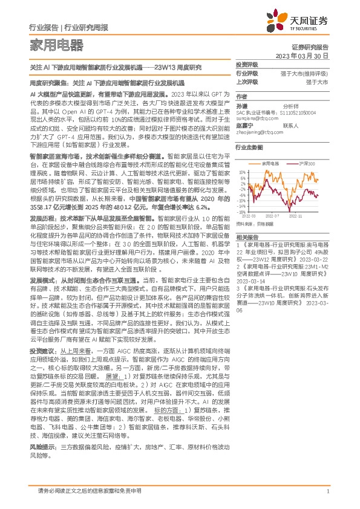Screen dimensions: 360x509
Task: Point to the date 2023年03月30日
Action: coord(303,55)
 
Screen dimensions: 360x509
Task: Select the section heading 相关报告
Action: coord(247,237)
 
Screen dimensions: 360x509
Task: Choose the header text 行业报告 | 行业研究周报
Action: coord(59,27)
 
